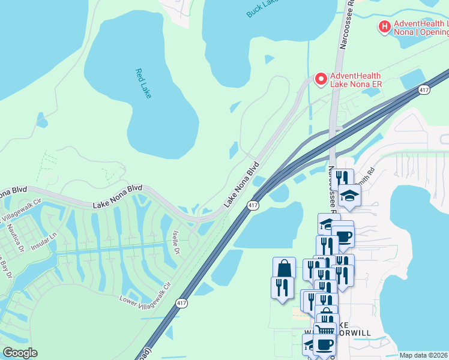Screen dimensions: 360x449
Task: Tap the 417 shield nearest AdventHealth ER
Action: (424, 90)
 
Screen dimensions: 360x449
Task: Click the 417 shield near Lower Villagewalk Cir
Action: (181, 304)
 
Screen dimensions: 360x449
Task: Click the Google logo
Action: (20, 353)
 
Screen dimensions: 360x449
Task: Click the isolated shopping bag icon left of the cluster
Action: (284, 268)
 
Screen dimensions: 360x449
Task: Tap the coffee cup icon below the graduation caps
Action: (343, 235)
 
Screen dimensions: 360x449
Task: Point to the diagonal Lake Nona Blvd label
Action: (242, 184)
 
